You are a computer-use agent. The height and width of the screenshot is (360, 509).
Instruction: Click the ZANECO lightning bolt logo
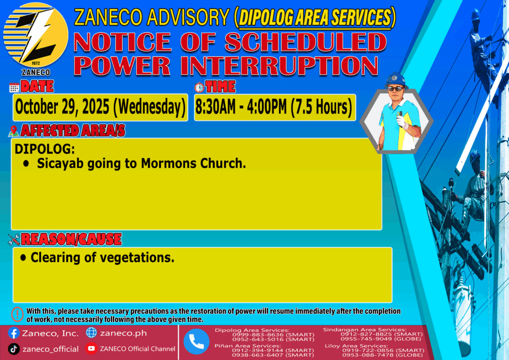click(x=36, y=35)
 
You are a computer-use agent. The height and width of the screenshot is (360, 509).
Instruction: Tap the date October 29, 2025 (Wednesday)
click(x=100, y=107)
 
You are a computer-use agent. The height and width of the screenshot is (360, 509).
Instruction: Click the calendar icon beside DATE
click(x=14, y=88)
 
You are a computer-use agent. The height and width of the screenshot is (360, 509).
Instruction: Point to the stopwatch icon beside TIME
click(x=199, y=88)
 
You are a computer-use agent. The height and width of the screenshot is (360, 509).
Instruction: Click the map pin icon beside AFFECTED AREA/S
click(x=13, y=131)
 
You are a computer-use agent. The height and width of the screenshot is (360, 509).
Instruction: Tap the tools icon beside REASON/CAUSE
click(x=14, y=240)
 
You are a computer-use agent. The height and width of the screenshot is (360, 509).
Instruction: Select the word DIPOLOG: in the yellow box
click(x=45, y=149)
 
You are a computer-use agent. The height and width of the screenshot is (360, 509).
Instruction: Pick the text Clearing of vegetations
click(x=102, y=258)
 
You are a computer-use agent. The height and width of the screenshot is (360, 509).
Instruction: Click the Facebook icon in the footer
click(x=13, y=333)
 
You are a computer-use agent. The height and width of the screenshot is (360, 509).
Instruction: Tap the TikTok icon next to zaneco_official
click(x=13, y=349)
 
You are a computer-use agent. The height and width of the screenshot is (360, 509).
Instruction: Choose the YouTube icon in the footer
click(x=91, y=349)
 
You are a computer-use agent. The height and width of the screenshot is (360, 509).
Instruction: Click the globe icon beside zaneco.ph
click(x=91, y=333)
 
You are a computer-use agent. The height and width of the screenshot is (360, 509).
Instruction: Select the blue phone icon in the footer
click(x=196, y=342)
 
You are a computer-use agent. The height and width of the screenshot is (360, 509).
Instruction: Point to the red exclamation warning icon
click(x=17, y=314)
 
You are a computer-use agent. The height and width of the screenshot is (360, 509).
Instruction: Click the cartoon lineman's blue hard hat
click(x=396, y=80)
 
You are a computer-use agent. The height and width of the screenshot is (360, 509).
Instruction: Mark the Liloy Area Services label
click(x=356, y=346)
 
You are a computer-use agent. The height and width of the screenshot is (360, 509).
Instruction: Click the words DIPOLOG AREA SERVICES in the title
click(x=315, y=17)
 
